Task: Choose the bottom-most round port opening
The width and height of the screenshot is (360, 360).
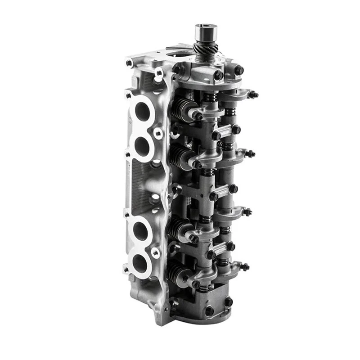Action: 139,264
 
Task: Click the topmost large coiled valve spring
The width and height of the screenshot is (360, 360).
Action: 182,109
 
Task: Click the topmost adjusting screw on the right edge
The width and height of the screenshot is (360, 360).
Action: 253,94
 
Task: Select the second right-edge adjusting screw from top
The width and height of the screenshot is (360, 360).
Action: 250,154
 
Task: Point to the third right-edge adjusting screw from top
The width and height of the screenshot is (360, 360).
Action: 247,211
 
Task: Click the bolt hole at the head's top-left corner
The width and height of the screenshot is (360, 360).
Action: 130,63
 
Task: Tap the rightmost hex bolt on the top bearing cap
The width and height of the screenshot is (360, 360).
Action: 239,70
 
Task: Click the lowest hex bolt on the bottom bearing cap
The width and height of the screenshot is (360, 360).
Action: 209,311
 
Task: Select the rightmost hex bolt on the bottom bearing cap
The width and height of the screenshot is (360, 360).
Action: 229,302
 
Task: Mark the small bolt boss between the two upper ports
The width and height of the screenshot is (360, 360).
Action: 157,133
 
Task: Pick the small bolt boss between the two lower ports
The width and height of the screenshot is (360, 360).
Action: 156,253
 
